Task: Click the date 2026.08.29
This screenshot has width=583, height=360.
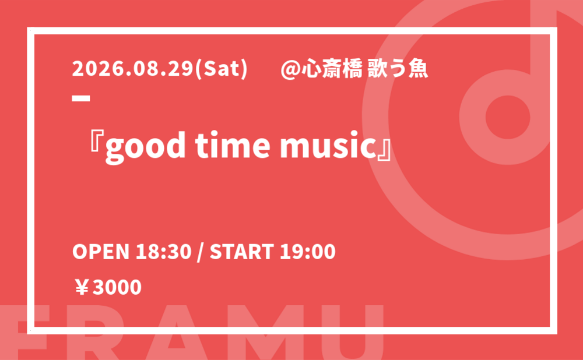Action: pyautogui.click(x=133, y=69)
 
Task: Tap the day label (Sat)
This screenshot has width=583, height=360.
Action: pyautogui.click(x=221, y=69)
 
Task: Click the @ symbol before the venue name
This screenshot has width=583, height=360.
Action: pyautogui.click(x=290, y=69)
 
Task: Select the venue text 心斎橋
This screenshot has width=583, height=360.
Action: pyautogui.click(x=332, y=69)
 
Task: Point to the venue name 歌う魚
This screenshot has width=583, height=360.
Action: pyautogui.click(x=398, y=69)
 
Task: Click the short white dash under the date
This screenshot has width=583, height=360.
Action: pyautogui.click(x=81, y=98)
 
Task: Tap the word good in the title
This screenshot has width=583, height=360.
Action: pyautogui.click(x=145, y=147)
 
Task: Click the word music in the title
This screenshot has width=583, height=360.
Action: pyautogui.click(x=328, y=146)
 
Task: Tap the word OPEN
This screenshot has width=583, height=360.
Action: pyautogui.click(x=100, y=252)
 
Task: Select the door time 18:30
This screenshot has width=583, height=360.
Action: pyautogui.click(x=163, y=252)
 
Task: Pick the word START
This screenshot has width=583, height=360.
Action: pyautogui.click(x=242, y=252)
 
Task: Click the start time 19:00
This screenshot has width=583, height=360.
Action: pyautogui.click(x=308, y=252)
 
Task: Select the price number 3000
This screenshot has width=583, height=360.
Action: pyautogui.click(x=117, y=287)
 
